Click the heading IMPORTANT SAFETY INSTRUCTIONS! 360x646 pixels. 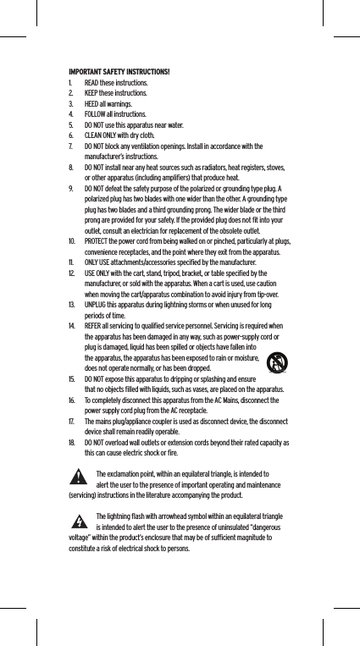click(x=119, y=69)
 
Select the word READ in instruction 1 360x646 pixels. click(x=92, y=84)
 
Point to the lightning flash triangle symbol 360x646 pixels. click(x=80, y=518)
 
